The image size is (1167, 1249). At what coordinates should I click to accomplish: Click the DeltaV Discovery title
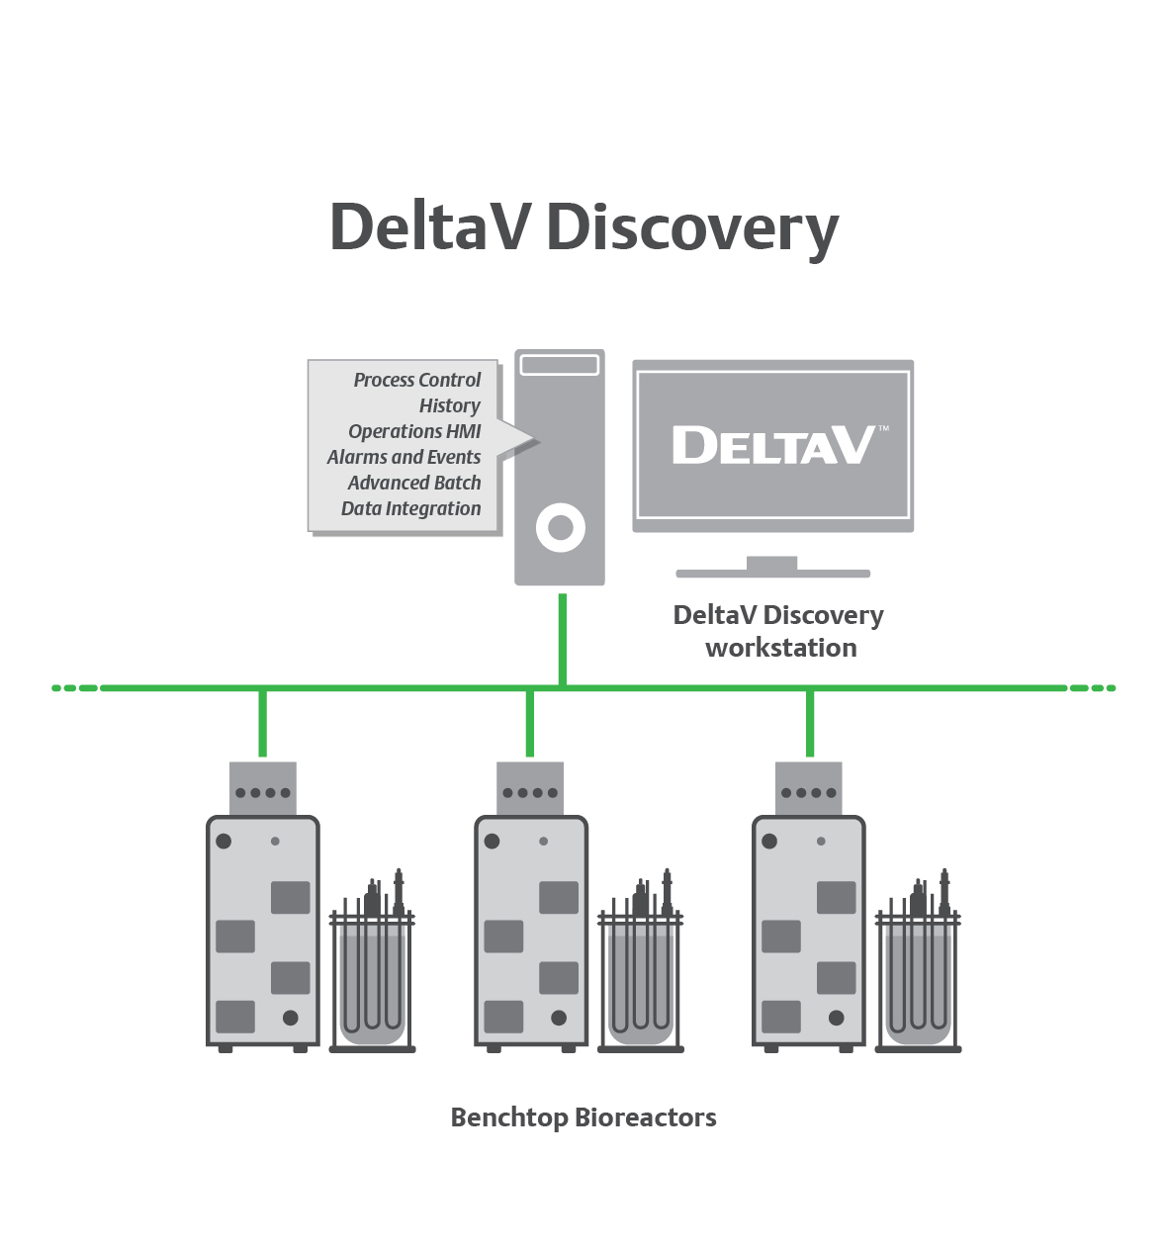(583, 227)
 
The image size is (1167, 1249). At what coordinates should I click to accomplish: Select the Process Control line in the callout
(416, 380)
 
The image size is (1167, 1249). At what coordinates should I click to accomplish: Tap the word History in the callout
(449, 405)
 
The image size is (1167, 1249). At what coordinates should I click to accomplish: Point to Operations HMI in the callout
(414, 431)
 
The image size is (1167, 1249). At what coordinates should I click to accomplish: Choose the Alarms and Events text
(404, 457)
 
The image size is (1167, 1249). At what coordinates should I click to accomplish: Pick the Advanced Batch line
(414, 483)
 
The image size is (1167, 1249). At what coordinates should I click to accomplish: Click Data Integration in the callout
(410, 508)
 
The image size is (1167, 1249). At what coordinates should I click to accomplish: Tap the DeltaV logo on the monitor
(773, 445)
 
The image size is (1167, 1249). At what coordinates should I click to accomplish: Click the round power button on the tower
(560, 528)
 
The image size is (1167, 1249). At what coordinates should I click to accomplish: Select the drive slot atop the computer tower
(560, 365)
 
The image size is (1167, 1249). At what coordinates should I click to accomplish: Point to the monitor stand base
(772, 572)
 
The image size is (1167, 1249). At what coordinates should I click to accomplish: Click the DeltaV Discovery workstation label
(778, 631)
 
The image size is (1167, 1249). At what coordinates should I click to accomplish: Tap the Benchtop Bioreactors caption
(583, 1117)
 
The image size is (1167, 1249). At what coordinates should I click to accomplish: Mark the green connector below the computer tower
(563, 638)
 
